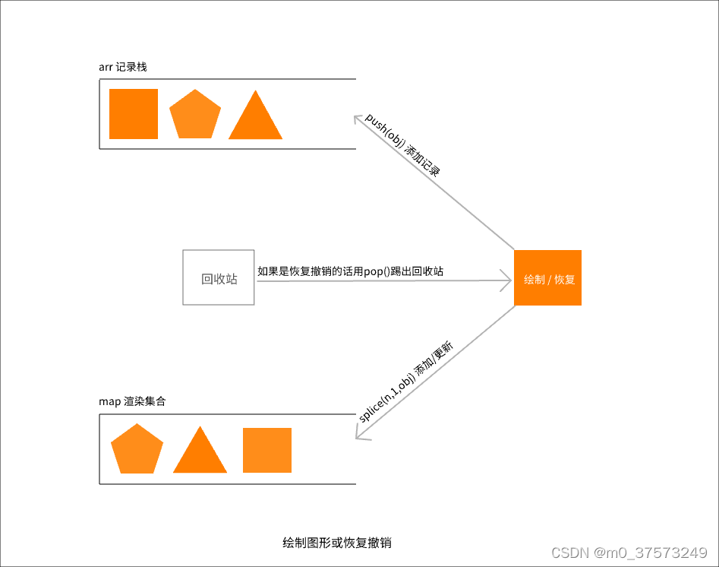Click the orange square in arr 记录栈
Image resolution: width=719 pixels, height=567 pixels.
click(x=134, y=114)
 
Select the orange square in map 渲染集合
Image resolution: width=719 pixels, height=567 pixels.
click(x=267, y=450)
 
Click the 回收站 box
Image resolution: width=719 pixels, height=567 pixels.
click(x=219, y=278)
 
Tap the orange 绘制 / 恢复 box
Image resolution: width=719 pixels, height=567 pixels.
click(x=548, y=278)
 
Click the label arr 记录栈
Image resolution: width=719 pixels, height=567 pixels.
click(x=122, y=67)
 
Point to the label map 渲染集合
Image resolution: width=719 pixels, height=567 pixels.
click(x=133, y=401)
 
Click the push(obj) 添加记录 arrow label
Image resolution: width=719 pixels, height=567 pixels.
click(x=402, y=144)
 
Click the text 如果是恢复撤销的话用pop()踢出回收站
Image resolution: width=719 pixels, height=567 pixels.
click(x=351, y=271)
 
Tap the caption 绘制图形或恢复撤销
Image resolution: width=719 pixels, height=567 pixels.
click(x=336, y=543)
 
